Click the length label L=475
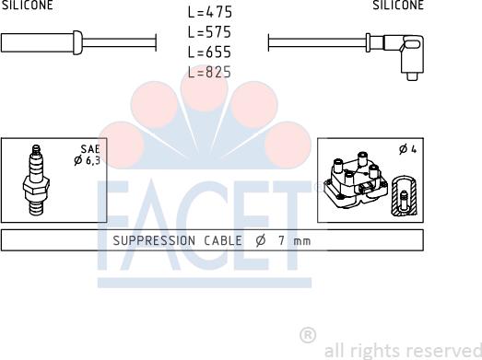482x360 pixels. coord(210,12)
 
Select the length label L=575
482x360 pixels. coord(209,32)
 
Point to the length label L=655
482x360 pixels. coord(209,52)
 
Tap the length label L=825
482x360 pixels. coord(209,72)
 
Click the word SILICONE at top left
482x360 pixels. coord(28,5)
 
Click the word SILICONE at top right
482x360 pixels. coord(398,5)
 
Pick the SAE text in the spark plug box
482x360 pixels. coord(90,149)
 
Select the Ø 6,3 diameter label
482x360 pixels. coord(87,160)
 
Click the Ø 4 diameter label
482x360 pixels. coord(407,149)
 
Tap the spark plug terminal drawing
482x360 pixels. coord(36,180)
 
